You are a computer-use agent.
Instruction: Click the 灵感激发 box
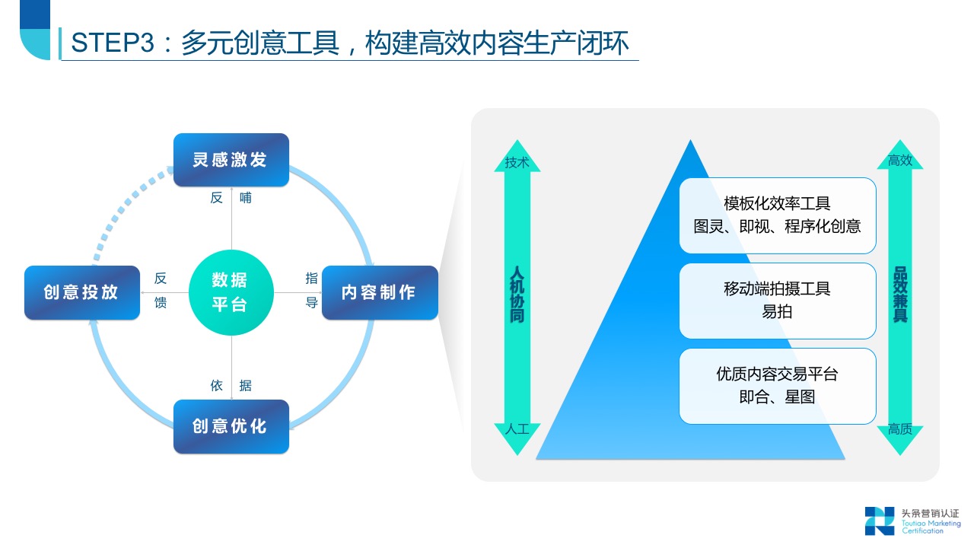tap(231, 160)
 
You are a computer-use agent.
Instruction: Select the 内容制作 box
tap(380, 292)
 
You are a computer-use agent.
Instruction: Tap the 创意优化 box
tap(231, 426)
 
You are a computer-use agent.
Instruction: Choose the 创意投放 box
tap(82, 292)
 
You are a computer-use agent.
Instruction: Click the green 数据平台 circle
tap(231, 292)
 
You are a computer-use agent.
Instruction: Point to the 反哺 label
tap(231, 198)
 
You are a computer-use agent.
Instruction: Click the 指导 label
tap(311, 290)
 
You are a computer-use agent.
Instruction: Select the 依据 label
tap(231, 386)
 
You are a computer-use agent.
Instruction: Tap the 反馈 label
tap(160, 290)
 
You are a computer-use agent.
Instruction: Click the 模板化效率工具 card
tap(777, 215)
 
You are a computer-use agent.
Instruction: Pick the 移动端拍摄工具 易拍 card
tap(777, 301)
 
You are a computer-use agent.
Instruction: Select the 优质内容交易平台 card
tap(777, 386)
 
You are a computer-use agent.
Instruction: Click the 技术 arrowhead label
tap(517, 162)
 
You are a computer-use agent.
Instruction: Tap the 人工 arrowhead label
tap(517, 429)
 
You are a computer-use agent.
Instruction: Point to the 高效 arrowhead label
tap(899, 161)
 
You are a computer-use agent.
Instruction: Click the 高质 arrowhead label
tap(899, 429)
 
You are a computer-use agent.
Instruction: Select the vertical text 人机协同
tap(517, 295)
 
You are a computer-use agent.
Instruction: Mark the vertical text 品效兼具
tap(899, 295)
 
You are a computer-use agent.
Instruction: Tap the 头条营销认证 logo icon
tap(880, 521)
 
